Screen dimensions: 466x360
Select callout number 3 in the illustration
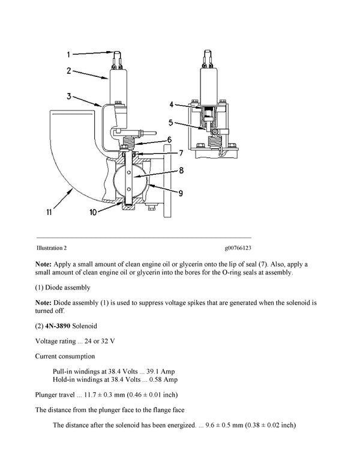[x=70, y=95]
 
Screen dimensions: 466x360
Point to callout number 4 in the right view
[x=172, y=104]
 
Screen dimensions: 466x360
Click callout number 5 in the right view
[x=172, y=123]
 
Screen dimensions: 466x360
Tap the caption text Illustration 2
[x=52, y=247]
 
